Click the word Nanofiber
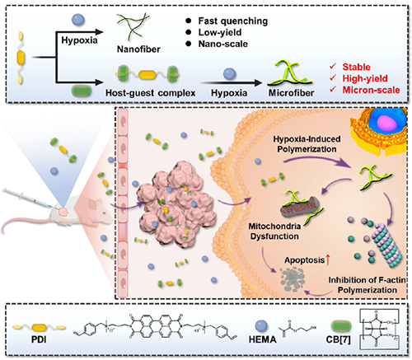click(138, 49)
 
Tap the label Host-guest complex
click(150, 93)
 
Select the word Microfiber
click(291, 93)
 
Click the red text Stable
click(356, 67)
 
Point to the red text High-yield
click(365, 78)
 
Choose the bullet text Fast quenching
click(233, 21)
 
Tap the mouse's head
click(99, 209)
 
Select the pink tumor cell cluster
click(176, 206)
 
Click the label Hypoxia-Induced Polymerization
click(307, 144)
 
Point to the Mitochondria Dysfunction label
click(274, 231)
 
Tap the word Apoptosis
click(305, 260)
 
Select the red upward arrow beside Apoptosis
click(328, 260)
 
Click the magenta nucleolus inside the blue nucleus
click(386, 122)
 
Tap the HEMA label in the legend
click(263, 339)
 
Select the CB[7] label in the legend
click(338, 339)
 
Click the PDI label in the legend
click(39, 339)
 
